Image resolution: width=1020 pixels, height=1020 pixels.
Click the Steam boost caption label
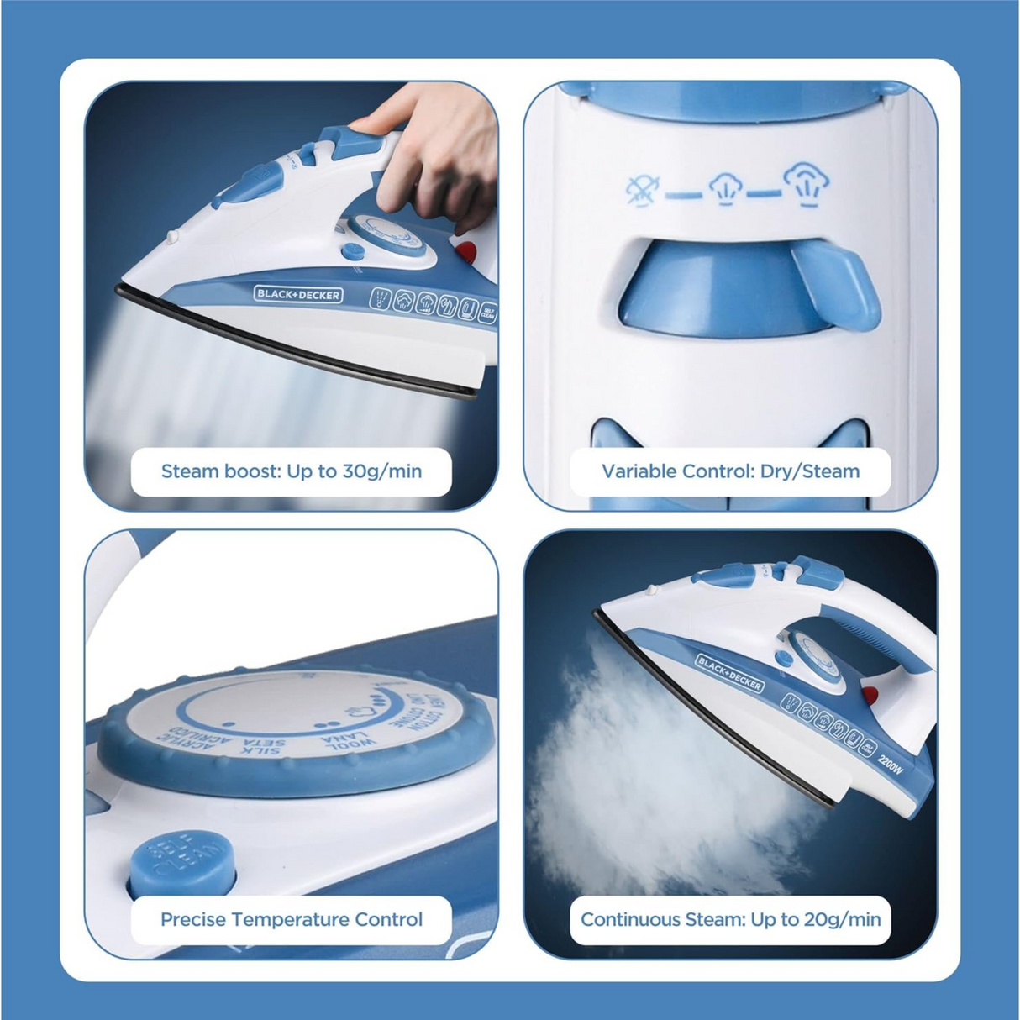click(x=291, y=471)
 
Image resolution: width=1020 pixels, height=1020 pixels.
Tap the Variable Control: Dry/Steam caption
click(x=730, y=471)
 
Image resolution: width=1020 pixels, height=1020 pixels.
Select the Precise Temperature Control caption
click(x=291, y=919)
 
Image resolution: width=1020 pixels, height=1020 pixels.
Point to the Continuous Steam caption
click(x=730, y=919)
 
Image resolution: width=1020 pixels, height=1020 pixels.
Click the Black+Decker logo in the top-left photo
click(x=298, y=295)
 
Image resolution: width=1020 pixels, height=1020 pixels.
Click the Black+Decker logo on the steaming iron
click(x=729, y=674)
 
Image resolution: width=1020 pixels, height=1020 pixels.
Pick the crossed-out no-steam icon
click(x=643, y=190)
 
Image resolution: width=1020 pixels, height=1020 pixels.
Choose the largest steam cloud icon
click(x=807, y=182)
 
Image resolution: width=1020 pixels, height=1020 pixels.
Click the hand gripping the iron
click(x=437, y=160)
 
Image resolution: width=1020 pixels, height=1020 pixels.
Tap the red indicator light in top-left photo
click(x=465, y=250)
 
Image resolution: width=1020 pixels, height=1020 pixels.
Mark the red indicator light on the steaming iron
click(x=870, y=695)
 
